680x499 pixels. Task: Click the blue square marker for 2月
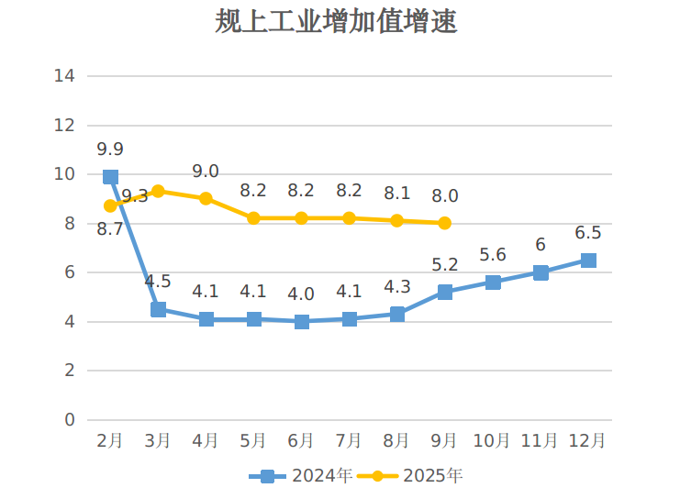[x=111, y=176]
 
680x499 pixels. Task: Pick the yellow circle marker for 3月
[x=158, y=191]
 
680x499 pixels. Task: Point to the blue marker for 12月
[x=588, y=261]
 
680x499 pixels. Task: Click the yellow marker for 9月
[x=445, y=223]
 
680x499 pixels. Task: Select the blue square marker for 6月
[x=302, y=321]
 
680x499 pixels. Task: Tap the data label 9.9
[x=110, y=150]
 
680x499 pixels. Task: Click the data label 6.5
[x=587, y=233]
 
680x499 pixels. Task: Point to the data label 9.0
[x=206, y=172]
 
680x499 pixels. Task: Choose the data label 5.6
[x=493, y=255]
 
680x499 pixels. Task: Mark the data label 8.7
[x=110, y=229]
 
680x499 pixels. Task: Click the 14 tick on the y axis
[x=64, y=75]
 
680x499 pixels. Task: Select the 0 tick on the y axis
[x=69, y=419]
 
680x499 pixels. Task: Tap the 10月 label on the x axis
[x=492, y=441]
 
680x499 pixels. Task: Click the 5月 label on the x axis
[x=253, y=441]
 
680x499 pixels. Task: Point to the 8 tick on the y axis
[x=69, y=223]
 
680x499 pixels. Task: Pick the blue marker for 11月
[x=541, y=272]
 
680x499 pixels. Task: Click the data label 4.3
[x=397, y=287]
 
